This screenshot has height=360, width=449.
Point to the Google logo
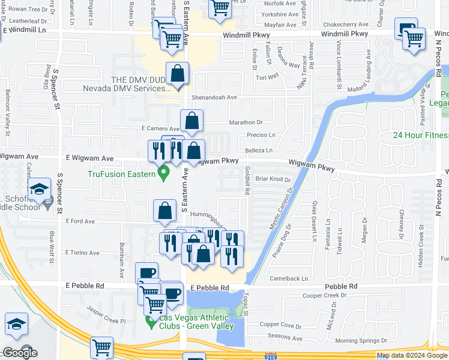tap(20, 353)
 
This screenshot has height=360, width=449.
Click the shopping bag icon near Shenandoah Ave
tap(178, 74)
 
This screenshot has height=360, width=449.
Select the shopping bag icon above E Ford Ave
tap(165, 211)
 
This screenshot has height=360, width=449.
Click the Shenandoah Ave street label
tap(214, 97)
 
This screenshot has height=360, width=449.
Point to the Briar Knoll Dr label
tap(273, 179)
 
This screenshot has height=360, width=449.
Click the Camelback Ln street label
tap(289, 278)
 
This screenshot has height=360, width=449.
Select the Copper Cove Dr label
tap(280, 325)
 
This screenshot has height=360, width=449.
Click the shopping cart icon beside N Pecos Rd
tap(414, 39)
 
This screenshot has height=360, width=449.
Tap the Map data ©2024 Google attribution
tap(412, 355)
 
